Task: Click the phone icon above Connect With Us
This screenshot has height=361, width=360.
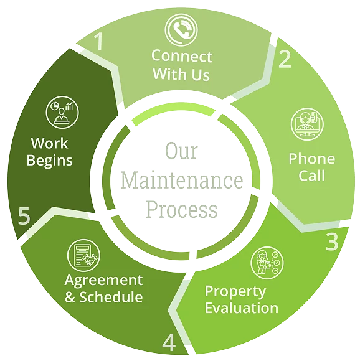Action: [181, 30]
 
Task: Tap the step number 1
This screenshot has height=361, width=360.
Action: [99, 41]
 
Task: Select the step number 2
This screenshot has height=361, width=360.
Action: [285, 59]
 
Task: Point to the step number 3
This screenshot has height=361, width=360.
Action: [332, 241]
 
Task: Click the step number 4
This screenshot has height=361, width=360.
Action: [169, 342]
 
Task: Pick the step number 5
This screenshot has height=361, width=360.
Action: [24, 215]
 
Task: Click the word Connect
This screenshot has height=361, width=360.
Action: [182, 56]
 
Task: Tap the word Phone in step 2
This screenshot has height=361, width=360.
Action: [312, 159]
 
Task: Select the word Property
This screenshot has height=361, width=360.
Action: [235, 292]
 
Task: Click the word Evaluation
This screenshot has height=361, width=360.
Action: [242, 308]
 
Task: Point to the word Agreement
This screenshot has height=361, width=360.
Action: [103, 281]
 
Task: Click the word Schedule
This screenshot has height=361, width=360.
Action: [111, 297]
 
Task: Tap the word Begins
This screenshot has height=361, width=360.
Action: [50, 161]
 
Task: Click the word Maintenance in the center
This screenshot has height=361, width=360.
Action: [182, 180]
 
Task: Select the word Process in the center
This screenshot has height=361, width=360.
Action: [182, 210]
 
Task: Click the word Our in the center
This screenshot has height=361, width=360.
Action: [181, 151]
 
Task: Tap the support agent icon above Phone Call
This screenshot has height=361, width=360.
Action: [307, 124]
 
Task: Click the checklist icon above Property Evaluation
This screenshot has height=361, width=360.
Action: [267, 263]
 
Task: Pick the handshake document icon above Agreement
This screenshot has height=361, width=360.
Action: [83, 256]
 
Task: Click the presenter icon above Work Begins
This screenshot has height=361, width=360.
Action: [62, 113]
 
